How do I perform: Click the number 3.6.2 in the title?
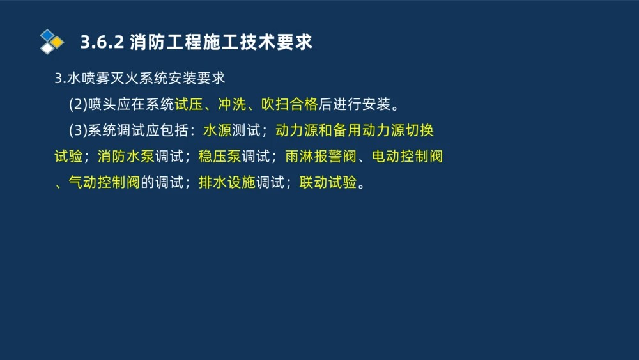pyautogui.click(x=102, y=43)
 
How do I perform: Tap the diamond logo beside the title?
pyautogui.click(x=52, y=42)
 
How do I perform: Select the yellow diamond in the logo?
pyautogui.click(x=58, y=42)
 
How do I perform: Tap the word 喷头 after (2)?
pyautogui.click(x=102, y=104)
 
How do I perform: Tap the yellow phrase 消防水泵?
pyautogui.click(x=126, y=157)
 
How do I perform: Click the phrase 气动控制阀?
pyautogui.click(x=104, y=183)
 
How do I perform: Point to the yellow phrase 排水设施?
pyautogui.click(x=227, y=183)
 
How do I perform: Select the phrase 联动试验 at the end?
pyautogui.click(x=328, y=183)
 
